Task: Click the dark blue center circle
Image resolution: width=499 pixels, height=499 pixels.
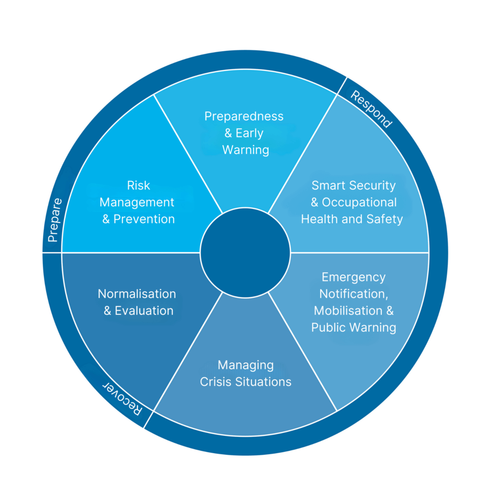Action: pyautogui.click(x=245, y=252)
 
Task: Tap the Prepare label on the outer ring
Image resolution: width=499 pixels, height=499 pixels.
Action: pyautogui.click(x=54, y=220)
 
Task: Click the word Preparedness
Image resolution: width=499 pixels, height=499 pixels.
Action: pyautogui.click(x=244, y=116)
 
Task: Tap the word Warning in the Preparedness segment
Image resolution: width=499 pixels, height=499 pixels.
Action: pyautogui.click(x=246, y=150)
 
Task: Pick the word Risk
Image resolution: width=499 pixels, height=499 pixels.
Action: pyautogui.click(x=138, y=186)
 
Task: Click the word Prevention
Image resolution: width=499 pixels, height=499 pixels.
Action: pyautogui.click(x=144, y=219)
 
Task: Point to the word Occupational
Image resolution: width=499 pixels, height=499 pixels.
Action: pyautogui.click(x=359, y=202)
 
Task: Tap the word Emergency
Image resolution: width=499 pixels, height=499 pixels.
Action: pyautogui.click(x=353, y=277)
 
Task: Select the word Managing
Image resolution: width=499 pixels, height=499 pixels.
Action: pyautogui.click(x=246, y=365)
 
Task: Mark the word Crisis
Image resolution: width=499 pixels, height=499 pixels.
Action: pyautogui.click(x=213, y=382)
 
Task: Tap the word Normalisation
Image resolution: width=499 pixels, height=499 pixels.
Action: pyautogui.click(x=137, y=294)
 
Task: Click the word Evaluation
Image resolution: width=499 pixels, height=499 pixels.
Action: pyautogui.click(x=144, y=311)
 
